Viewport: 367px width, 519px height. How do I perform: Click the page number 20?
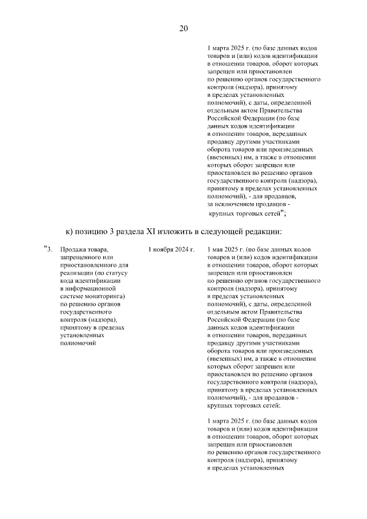tap(183, 29)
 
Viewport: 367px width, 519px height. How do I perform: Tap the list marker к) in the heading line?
tap(70, 231)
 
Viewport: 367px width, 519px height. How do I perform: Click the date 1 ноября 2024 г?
tap(171, 250)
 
